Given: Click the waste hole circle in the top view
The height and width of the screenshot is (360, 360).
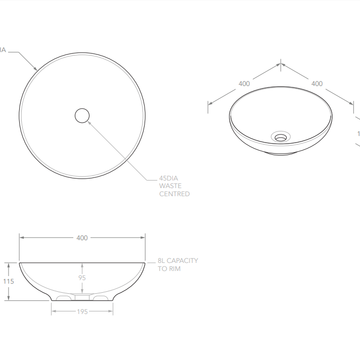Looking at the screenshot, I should [x=82, y=116].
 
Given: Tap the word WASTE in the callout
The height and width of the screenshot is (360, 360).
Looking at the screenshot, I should [x=171, y=186].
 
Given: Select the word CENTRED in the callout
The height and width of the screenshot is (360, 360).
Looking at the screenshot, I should [x=174, y=194].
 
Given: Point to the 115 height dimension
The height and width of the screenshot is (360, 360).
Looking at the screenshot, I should [x=8, y=281].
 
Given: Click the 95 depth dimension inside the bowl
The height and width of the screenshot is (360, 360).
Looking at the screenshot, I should [x=82, y=278].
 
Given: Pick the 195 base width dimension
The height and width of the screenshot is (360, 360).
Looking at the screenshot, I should [x=82, y=311].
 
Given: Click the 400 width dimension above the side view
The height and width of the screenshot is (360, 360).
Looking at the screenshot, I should [x=82, y=238].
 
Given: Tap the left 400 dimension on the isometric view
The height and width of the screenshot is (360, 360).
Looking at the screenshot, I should [x=244, y=83].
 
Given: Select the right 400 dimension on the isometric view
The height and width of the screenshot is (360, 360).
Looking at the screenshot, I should [x=317, y=83].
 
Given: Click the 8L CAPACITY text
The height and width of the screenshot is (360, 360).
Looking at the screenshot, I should [x=178, y=261].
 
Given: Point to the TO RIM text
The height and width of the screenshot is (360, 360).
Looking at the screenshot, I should [x=169, y=269].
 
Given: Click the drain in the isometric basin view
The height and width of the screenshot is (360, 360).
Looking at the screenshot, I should [x=281, y=136].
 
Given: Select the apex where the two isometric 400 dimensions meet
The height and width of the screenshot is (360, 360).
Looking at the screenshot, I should [x=281, y=64].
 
